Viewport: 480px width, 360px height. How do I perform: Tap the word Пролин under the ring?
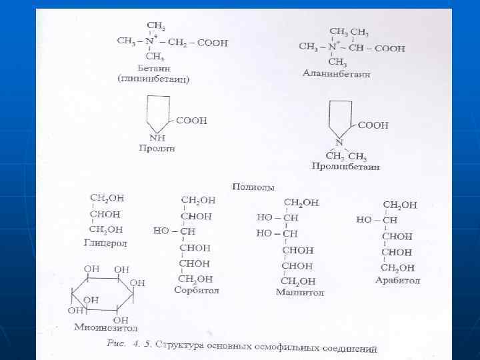click(x=157, y=147)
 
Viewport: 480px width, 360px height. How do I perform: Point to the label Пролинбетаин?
click(x=345, y=166)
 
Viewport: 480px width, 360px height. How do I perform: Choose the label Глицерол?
click(x=105, y=243)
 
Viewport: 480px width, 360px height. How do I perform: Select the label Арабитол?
click(x=397, y=280)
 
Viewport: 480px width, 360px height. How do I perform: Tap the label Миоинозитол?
click(x=106, y=327)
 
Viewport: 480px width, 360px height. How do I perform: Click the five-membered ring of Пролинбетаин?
click(x=339, y=119)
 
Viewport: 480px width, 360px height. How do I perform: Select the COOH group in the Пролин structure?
click(x=191, y=121)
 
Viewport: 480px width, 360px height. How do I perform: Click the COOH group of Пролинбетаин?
click(x=373, y=125)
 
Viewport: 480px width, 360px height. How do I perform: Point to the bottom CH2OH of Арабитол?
click(x=398, y=268)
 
